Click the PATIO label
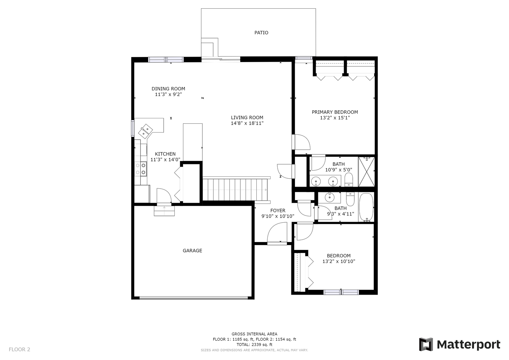coord(261,33)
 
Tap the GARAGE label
coord(192,250)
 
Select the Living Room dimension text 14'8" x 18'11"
coord(247,123)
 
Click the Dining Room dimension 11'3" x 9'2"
coord(168,94)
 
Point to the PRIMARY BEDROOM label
coord(335,112)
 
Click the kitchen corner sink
coord(145,131)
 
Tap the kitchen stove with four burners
coord(141,169)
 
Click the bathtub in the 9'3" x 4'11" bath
coord(366,207)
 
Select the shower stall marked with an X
coord(366,172)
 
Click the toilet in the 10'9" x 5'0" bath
coord(349,180)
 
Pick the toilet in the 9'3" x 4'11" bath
coord(350,199)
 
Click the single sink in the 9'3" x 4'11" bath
coord(329,197)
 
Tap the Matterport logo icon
coord(426,344)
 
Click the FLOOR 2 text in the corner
coord(19,349)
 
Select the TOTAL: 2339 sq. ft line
coord(254,345)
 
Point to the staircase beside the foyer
coord(235,190)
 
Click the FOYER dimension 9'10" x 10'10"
coord(278,216)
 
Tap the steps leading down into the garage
coord(164,211)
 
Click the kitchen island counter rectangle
coord(193,143)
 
